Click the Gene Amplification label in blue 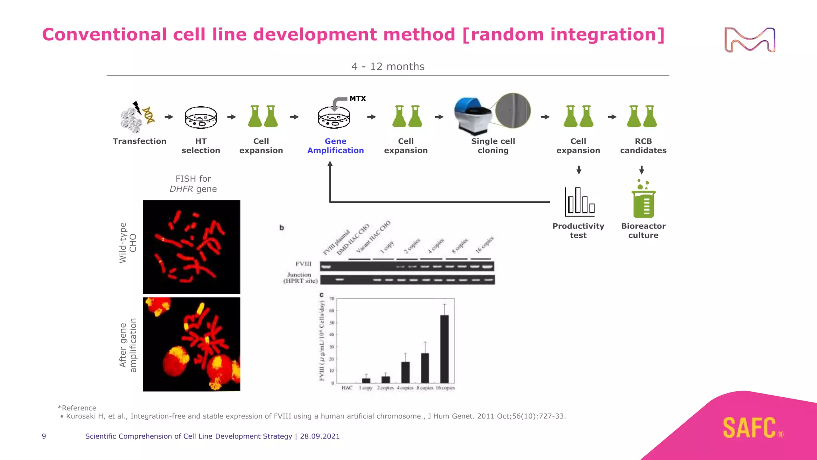335,146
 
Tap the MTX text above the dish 357,99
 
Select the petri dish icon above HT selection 201,117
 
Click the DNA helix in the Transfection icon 148,115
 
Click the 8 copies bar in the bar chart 425,367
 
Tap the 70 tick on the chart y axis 332,298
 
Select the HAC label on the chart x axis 347,388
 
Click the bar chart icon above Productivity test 579,202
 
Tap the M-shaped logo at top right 750,40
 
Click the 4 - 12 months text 388,67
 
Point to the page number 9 44,436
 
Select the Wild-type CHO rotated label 128,243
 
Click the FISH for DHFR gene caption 193,184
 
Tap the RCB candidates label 643,146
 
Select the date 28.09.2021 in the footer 320,436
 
